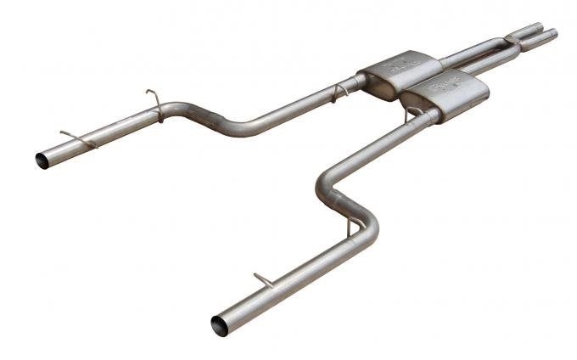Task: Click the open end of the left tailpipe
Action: pos(43,159)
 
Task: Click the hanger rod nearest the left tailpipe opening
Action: pos(77,138)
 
